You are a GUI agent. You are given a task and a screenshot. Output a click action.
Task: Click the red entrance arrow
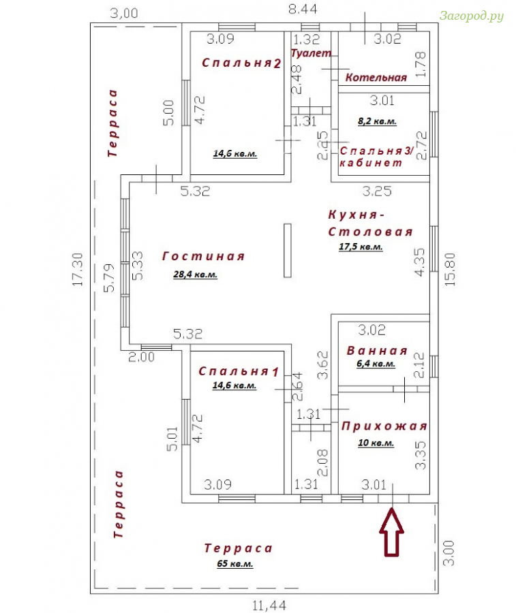[x=391, y=532]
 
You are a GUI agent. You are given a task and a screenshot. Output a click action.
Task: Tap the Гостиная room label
[x=203, y=257]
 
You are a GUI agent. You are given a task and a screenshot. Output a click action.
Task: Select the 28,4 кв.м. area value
[x=195, y=274]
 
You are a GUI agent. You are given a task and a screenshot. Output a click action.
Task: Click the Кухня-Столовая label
[x=370, y=223]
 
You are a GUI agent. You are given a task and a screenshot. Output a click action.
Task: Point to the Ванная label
[x=377, y=351]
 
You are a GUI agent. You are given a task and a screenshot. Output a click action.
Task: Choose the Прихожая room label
[x=384, y=426]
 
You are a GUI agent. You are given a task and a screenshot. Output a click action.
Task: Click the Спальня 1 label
[x=239, y=371]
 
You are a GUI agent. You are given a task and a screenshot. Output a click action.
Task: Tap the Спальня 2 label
[x=241, y=63]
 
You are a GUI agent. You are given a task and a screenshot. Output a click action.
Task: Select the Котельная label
[x=376, y=78]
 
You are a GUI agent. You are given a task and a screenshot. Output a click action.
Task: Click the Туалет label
[x=311, y=53]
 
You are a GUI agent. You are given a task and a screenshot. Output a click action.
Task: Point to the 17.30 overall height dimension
[x=78, y=269]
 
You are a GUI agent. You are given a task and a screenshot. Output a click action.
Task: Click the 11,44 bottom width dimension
[x=269, y=606]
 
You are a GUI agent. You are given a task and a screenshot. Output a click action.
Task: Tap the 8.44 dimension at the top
[x=303, y=9]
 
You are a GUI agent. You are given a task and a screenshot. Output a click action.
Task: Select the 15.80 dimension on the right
[x=451, y=269]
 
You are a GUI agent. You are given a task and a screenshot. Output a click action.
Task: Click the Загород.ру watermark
[x=472, y=16]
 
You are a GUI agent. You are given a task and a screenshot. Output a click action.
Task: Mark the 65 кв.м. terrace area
[x=234, y=564]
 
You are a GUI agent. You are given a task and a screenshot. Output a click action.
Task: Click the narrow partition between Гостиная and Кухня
[x=288, y=251]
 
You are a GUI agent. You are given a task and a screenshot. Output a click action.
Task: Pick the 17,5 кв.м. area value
[x=361, y=247]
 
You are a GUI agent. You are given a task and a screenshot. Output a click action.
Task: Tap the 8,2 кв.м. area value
[x=377, y=121]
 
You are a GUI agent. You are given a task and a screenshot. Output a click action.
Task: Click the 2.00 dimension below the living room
[x=141, y=357]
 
